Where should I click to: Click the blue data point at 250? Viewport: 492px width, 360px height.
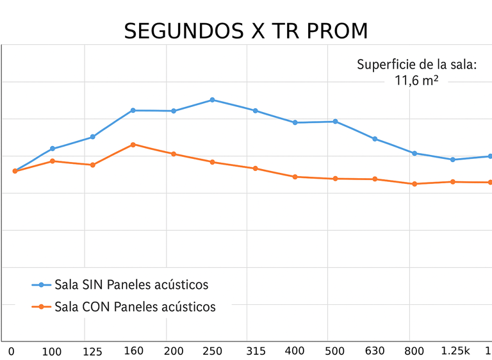tap(212, 100)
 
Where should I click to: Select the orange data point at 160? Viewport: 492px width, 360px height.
tap(133, 144)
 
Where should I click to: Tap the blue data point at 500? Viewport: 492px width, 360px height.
tap(335, 121)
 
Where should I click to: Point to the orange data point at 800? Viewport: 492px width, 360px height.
tap(414, 184)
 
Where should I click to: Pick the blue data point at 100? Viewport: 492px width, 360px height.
tap(53, 149)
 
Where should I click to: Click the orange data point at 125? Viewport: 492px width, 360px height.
tap(93, 165)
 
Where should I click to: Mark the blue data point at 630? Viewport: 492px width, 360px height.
tap(375, 138)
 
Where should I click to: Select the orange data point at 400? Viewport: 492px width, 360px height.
tap(295, 177)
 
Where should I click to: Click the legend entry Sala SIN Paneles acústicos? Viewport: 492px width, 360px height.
tap(131, 284)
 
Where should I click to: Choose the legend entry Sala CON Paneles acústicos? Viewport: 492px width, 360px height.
tap(135, 307)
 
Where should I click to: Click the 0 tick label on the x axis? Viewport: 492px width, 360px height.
tap(11, 351)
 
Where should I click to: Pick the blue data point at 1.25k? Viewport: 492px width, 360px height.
tap(453, 160)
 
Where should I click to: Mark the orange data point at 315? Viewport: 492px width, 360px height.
tap(255, 168)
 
